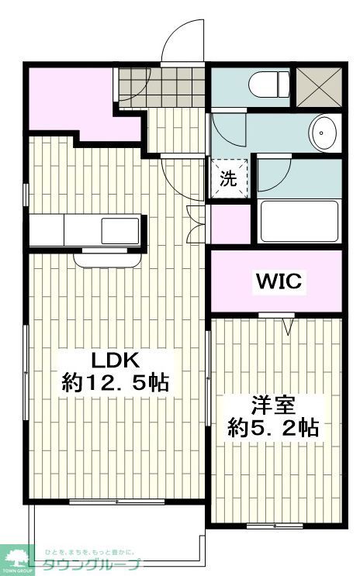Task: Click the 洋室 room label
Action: [273, 405]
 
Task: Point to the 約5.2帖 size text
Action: [273, 427]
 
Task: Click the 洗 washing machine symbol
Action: [229, 178]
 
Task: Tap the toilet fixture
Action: [265, 83]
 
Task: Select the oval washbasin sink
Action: [322, 133]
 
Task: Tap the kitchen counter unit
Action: [85, 230]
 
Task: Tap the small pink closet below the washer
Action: [230, 222]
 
